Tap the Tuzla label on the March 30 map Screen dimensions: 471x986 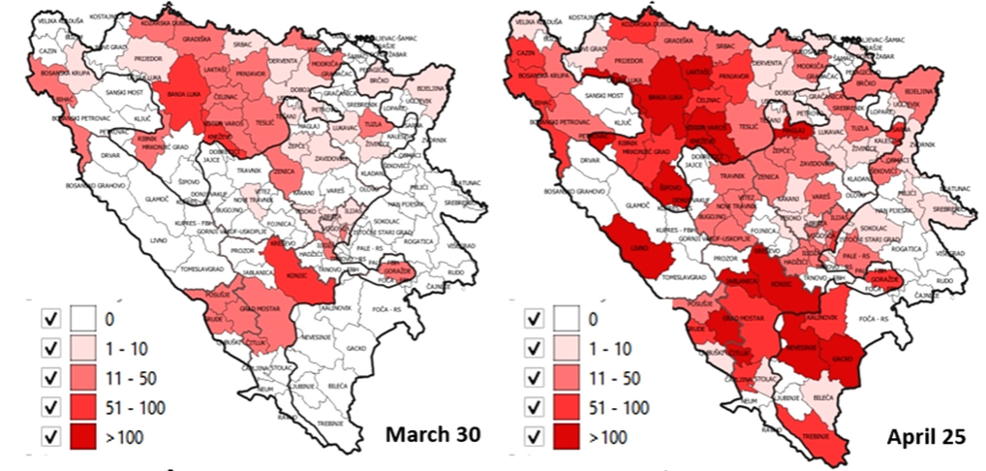coord(377,124)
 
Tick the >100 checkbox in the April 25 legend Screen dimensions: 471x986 coord(533,437)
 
